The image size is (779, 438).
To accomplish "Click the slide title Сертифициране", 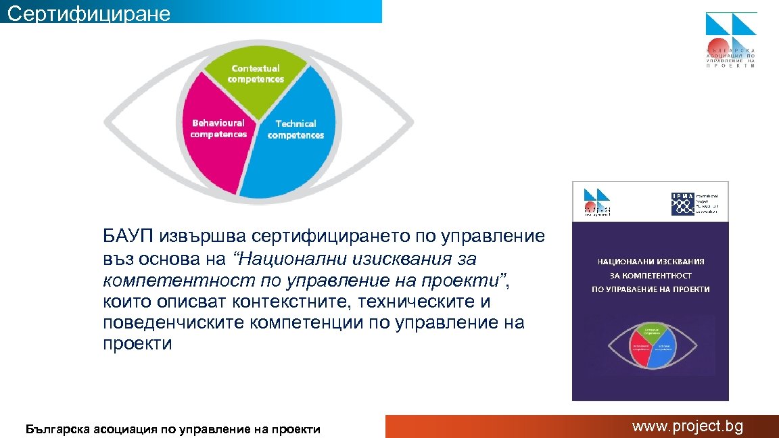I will [x=89, y=13].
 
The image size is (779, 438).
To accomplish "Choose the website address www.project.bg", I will [x=687, y=427].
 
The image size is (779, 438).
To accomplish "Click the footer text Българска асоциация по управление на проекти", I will [x=172, y=429].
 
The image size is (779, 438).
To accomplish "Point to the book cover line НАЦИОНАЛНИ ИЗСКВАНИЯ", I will [x=651, y=261].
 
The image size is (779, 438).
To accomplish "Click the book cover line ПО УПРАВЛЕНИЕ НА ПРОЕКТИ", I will [x=651, y=289].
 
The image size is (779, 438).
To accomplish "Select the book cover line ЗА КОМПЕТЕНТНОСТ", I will [x=651, y=275].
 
